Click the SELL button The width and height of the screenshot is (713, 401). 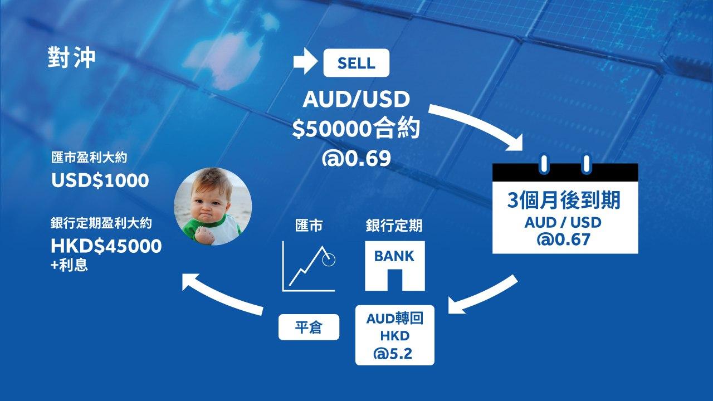pos(356,63)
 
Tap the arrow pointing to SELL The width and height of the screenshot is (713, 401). pos(305,61)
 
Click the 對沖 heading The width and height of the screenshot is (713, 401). pos(72,57)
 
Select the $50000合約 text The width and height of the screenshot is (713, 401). pos(356,129)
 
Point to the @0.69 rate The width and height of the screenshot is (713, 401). pos(356,158)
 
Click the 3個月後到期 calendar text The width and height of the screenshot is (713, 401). pos(564,200)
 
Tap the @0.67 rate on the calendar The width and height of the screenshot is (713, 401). pos(563,239)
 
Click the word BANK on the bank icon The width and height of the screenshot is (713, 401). pos(394,256)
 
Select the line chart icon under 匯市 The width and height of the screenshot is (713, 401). pos(309,266)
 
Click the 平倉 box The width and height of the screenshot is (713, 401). pos(309,327)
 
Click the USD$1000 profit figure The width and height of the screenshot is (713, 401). pos(100,180)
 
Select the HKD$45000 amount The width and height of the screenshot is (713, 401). pos(106,246)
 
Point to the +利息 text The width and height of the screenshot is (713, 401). pos(69,265)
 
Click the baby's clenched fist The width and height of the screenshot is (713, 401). pos(204,235)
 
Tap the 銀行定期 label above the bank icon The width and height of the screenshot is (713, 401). pos(394,226)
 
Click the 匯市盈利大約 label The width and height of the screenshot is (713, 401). pos(89,158)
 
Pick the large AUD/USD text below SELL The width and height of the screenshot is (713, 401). pos(356,99)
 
